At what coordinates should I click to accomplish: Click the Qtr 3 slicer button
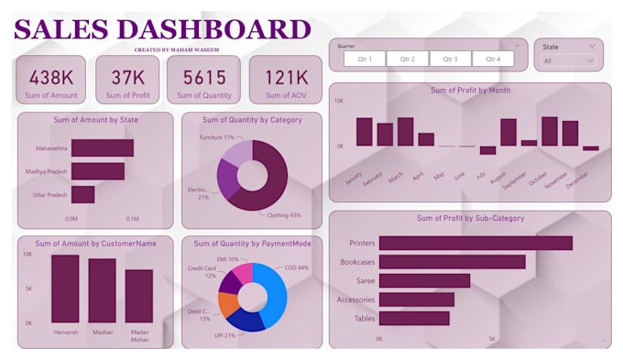coord(450,59)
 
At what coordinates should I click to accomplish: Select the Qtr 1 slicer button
coord(365,59)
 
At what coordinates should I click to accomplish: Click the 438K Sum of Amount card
coord(51,79)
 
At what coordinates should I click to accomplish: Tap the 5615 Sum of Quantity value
coord(203,78)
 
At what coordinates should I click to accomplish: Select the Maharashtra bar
coord(103,147)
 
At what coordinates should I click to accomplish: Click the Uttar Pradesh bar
coord(82,194)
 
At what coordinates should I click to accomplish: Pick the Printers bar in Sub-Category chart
coord(475,243)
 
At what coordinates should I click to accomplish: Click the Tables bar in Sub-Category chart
coord(414,319)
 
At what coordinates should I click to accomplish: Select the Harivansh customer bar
coord(65,289)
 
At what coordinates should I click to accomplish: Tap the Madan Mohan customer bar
coord(139,296)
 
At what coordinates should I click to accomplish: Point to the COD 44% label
coord(297,267)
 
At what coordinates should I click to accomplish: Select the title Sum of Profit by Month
coord(470,90)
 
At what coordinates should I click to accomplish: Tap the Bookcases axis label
coord(355,262)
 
